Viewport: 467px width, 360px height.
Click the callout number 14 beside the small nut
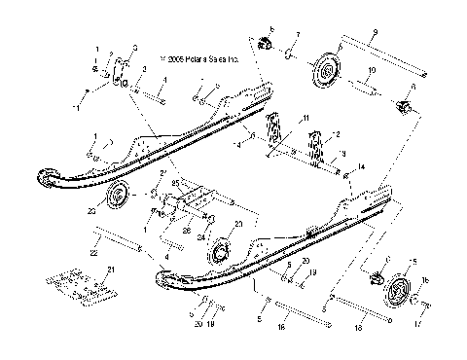click(x=361, y=166)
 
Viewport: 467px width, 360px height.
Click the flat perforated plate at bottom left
click(x=78, y=283)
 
